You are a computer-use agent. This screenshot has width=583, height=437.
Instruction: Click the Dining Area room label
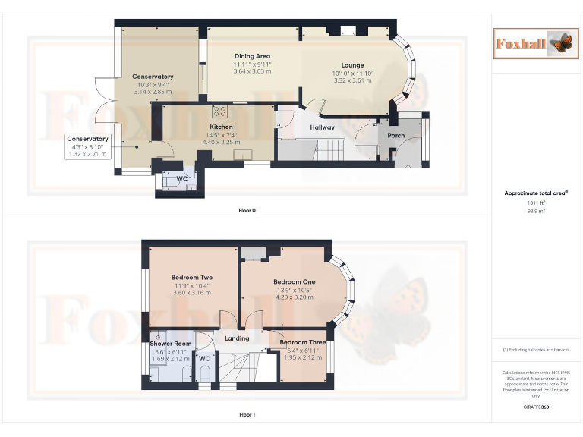[252, 56]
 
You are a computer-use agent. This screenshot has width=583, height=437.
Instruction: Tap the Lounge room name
[352, 65]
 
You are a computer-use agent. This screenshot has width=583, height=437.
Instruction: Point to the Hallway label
[323, 127]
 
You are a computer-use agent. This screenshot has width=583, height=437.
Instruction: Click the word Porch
[396, 136]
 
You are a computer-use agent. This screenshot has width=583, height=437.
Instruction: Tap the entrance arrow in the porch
[408, 165]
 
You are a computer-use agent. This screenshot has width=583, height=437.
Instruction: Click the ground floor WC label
[181, 179]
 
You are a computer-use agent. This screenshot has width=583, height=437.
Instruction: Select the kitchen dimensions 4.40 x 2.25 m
[221, 142]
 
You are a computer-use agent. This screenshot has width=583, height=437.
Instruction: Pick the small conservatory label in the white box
[88, 139]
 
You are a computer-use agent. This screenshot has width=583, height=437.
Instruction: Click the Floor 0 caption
[247, 210]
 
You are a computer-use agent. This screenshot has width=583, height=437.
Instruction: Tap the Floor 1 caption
[247, 415]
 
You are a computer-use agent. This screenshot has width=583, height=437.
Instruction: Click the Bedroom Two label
[191, 277]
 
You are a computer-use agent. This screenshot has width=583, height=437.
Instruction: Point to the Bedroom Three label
[302, 343]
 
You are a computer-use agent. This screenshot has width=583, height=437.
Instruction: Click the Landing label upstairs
[237, 338]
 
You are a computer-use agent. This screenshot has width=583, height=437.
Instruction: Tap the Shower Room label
[171, 343]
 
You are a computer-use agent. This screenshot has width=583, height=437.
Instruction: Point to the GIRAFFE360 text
[537, 407]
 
